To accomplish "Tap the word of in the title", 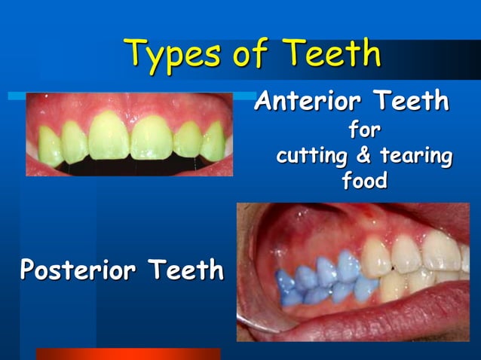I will [x=250, y=54].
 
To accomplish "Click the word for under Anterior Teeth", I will [x=364, y=132].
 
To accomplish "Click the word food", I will [x=364, y=182].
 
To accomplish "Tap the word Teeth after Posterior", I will [x=185, y=269].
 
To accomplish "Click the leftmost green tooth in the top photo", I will [x=50, y=145].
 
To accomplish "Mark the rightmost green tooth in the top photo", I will [x=213, y=141].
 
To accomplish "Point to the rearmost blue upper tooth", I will [x=286, y=281].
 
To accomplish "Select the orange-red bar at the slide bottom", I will [x=128, y=353].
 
